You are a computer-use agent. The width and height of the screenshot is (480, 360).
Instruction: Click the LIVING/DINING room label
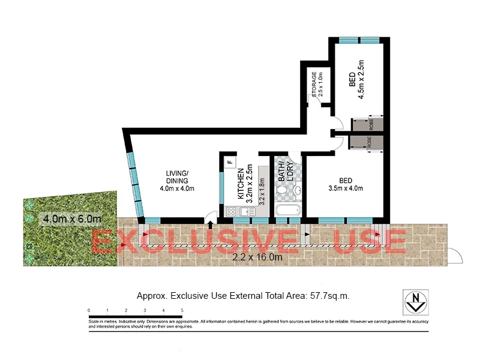click(177, 177)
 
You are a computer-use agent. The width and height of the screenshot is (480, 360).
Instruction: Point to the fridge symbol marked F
click(230, 162)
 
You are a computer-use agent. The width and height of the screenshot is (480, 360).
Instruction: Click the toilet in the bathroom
click(282, 190)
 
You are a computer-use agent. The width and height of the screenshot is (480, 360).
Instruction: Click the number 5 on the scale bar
click(182, 310)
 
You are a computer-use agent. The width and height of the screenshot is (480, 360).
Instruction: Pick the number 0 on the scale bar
click(89, 310)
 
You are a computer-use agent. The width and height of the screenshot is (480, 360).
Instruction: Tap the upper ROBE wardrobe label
click(371, 124)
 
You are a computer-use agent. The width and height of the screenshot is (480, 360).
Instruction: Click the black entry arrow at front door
click(209, 225)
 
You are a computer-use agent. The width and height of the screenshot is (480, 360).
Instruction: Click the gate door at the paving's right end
click(455, 256)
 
